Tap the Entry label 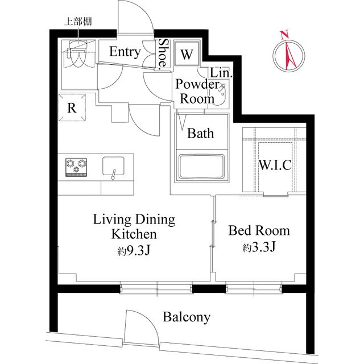coord(125,52)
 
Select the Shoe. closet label coord(163,53)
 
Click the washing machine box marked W coord(187,55)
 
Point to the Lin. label coord(220,73)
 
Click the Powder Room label coord(197,91)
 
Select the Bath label coord(201,134)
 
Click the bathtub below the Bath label coord(201,167)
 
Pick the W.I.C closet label coord(275,166)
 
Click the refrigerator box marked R coord(72,108)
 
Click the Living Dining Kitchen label coord(134,226)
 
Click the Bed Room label coord(259,231)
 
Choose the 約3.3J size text coord(259,247)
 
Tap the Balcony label coord(186,317)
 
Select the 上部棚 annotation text coord(78,22)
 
